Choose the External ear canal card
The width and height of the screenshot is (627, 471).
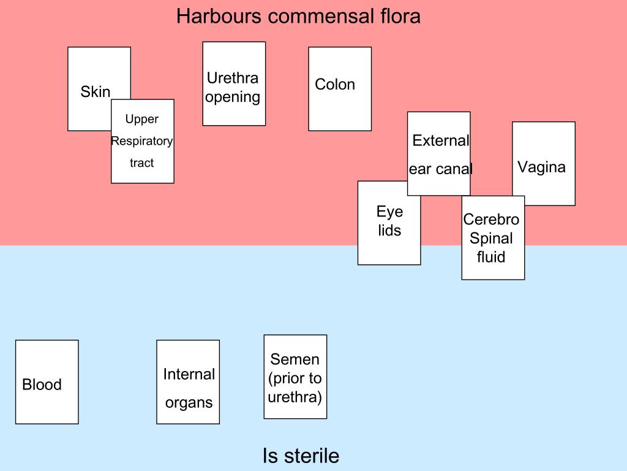pos(438,153)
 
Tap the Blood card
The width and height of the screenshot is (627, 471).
pos(47,381)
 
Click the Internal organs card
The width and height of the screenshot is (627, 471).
pos(188,381)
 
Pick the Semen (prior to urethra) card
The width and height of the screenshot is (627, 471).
pos(295,377)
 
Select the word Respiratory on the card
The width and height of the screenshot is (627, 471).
pos(142,141)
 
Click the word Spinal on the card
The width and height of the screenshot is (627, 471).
pos(491,238)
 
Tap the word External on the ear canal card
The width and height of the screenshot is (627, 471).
pos(440,140)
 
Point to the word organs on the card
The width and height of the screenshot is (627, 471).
pos(189,403)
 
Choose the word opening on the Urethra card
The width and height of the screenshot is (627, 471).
pos(233,97)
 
